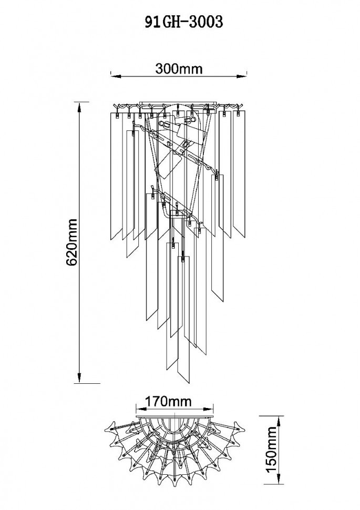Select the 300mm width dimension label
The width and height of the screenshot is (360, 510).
point(179,69)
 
